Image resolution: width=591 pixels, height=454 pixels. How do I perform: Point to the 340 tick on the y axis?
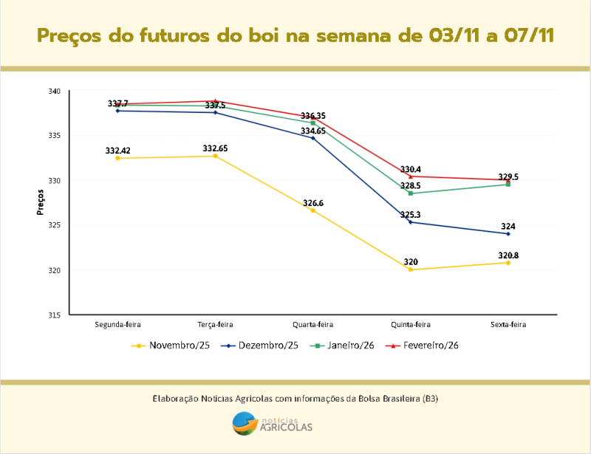55,91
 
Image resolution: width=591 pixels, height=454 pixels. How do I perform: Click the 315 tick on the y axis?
55,315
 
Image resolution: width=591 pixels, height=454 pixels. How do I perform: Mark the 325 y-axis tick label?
55,225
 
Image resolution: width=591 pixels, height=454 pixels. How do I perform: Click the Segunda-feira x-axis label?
118,324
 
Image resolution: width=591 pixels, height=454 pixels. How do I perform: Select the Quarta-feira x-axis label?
313,324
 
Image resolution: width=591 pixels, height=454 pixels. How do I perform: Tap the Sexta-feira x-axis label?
508,324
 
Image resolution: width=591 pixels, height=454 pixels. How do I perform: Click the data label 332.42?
117,151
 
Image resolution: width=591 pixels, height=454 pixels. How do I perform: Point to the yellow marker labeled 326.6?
313,210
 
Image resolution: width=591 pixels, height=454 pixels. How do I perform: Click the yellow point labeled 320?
411,269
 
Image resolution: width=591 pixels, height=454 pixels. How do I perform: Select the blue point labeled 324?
508,233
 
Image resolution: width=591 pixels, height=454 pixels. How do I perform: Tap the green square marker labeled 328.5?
411,193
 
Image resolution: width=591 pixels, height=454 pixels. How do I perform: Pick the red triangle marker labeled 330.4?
411,176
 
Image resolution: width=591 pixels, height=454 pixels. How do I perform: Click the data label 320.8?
508,255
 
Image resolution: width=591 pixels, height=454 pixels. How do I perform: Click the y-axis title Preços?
41,202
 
